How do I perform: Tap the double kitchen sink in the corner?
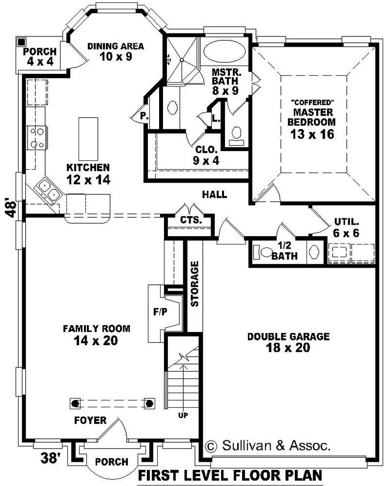[x=48, y=190]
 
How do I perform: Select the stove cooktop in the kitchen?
[x=38, y=137]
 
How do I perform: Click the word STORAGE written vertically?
[x=195, y=284]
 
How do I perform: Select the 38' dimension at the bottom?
[x=49, y=458]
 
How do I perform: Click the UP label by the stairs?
[x=183, y=416]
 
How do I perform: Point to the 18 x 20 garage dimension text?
[x=288, y=347]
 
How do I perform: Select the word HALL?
[x=214, y=194]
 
